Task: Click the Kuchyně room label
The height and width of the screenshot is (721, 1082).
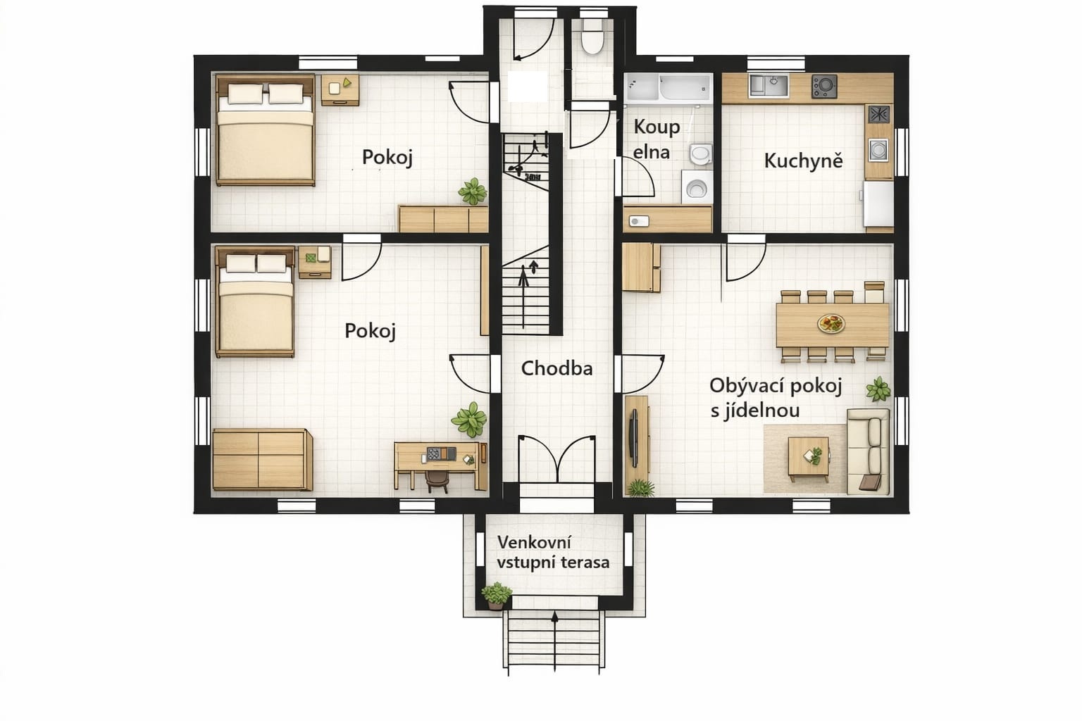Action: point(803,161)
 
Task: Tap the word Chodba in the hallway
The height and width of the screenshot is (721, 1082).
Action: point(556,368)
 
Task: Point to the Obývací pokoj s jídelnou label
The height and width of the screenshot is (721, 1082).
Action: point(776,398)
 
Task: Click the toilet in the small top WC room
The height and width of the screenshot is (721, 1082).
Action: point(592,36)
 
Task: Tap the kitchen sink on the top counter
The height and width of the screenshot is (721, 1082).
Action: point(768,85)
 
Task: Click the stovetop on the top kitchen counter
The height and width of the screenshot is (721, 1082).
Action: point(824,87)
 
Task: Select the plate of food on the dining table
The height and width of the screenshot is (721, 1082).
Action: point(831,323)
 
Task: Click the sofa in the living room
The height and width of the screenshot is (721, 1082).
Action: point(868,451)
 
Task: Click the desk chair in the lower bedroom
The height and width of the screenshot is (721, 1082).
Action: point(437,481)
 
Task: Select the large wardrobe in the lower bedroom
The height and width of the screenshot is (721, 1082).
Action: point(262,460)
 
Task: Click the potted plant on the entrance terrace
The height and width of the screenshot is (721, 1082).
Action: point(496,596)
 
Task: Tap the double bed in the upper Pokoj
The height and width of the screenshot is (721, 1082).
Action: point(265,130)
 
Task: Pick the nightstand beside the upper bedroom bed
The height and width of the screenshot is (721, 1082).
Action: point(340,89)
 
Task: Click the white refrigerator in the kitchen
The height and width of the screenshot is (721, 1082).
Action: point(878,203)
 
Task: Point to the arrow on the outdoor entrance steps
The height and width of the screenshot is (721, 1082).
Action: point(555,641)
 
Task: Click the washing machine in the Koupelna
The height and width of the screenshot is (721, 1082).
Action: point(697,187)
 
